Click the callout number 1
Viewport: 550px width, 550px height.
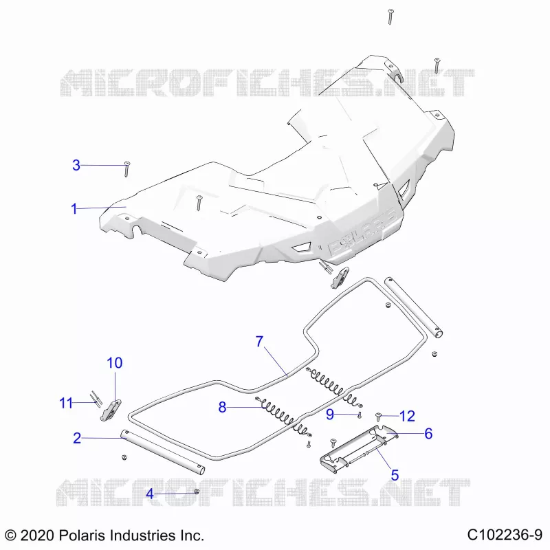74,209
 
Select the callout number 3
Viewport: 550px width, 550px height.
76,165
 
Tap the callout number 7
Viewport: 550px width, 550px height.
259,341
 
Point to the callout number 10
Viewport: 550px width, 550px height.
115,363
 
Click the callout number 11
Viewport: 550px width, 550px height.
66,403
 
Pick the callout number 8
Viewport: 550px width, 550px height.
222,407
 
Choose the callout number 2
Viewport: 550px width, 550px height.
77,438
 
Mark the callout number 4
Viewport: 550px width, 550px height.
150,494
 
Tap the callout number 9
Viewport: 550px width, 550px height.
330,415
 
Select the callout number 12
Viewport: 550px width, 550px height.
407,417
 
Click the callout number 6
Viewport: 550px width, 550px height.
428,434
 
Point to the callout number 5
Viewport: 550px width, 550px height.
395,475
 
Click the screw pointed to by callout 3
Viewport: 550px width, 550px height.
126,169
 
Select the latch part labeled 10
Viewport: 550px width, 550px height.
111,409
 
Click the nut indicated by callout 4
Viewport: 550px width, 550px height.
197,492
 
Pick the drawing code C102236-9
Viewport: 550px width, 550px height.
505,535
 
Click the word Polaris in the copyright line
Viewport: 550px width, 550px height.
82,536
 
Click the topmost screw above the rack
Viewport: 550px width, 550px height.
390,16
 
